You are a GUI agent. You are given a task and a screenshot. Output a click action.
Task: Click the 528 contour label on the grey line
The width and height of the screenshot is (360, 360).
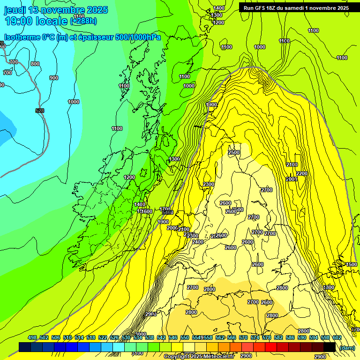click(40, 111)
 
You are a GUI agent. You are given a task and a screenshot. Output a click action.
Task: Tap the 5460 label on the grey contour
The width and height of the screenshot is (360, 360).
click(168, 213)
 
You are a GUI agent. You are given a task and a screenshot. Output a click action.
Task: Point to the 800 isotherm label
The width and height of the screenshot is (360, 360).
click(35, 64)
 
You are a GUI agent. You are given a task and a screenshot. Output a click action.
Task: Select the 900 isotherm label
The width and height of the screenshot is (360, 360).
click(54, 78)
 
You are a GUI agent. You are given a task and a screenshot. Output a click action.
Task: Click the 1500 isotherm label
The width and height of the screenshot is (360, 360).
click(352, 264)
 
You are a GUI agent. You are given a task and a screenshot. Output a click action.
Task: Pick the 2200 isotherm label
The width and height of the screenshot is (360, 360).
click(302, 173)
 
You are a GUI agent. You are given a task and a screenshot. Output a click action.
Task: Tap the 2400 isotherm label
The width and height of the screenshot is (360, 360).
click(198, 242)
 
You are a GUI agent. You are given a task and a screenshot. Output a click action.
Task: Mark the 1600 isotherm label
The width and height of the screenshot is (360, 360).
click(147, 211)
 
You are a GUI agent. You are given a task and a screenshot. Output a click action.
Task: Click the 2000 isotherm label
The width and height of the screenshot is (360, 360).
click(172, 228)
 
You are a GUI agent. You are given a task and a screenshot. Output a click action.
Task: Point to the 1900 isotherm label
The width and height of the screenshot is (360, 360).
click(163, 222)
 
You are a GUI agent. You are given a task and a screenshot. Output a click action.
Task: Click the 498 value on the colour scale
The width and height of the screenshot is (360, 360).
click(32, 337)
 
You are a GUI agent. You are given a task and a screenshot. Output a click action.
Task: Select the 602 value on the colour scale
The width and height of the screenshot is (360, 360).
click(337, 337)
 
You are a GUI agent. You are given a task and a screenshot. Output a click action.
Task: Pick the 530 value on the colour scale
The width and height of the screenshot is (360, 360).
click(126, 337)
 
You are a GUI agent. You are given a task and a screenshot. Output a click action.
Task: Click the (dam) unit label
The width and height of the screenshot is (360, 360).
click(347, 348)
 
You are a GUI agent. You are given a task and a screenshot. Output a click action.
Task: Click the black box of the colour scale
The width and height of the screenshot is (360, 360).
click(330, 347)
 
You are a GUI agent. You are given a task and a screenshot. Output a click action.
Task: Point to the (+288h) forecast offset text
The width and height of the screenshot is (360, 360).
click(83, 21)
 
